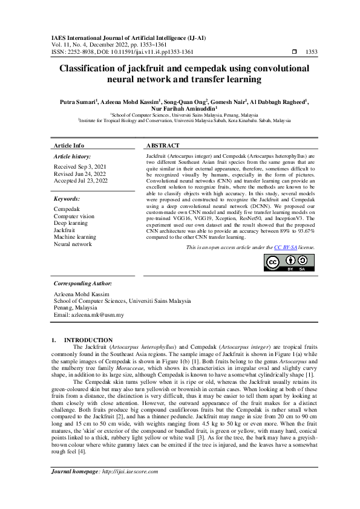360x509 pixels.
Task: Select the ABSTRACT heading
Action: [163, 146]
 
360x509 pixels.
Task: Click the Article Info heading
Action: [69, 146]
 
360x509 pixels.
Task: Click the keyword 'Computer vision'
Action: [74, 216]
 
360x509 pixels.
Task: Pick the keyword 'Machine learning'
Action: [75, 238]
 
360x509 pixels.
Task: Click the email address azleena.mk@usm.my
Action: [89, 315]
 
